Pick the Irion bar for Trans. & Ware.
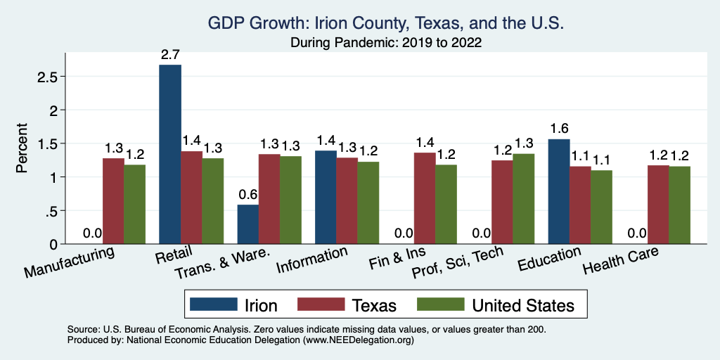[x=248, y=224]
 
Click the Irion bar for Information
[x=326, y=197]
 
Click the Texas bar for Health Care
[x=657, y=205]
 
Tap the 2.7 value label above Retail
[x=170, y=53]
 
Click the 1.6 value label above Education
[x=559, y=128]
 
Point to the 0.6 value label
[x=247, y=193]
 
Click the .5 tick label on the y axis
[x=51, y=211]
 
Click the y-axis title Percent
[x=22, y=149]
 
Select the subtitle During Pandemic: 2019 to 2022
[x=386, y=42]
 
